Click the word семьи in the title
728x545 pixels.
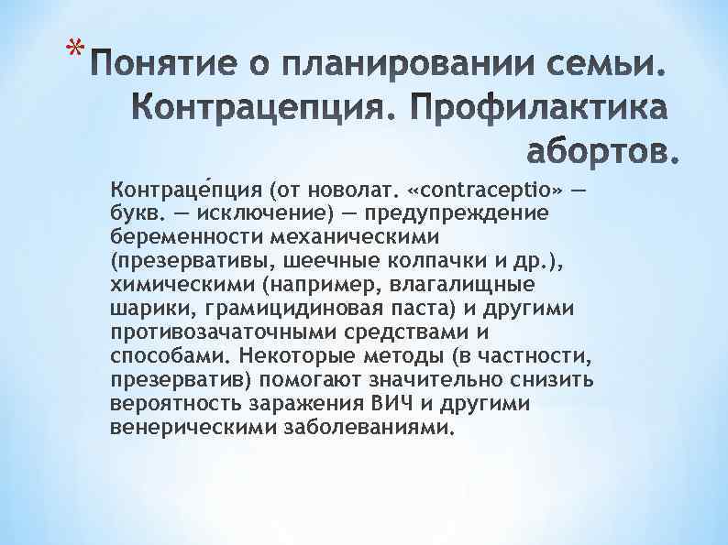pos(588,65)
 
